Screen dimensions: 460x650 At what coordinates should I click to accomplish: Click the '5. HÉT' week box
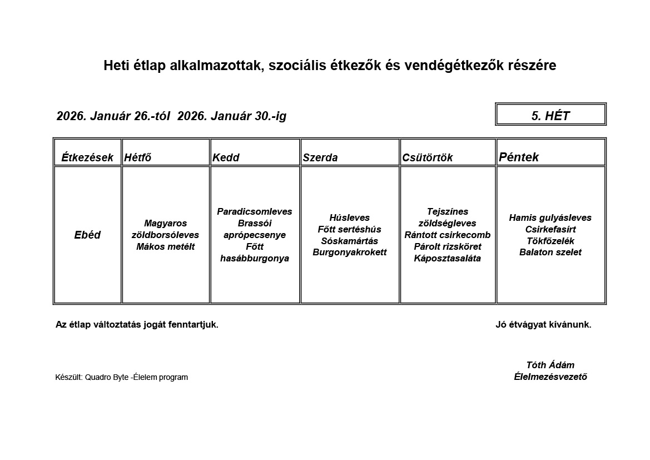550,116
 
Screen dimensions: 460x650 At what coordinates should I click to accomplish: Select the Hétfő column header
138,157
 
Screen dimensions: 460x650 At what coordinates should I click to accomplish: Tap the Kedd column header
226,157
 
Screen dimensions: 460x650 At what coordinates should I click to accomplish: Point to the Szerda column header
320,157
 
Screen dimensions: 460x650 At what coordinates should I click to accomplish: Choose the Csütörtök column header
428,157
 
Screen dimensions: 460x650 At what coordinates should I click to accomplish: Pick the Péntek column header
519,157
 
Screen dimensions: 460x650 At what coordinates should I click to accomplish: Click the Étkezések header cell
87,157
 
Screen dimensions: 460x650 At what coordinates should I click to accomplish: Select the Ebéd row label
87,235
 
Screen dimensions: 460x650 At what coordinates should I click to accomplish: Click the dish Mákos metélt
166,246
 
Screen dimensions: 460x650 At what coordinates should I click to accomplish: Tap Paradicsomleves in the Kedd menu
255,211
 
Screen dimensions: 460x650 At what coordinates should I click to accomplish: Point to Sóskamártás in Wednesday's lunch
350,241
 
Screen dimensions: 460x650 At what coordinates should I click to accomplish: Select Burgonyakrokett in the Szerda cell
350,252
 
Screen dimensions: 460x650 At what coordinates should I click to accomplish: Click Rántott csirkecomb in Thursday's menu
448,235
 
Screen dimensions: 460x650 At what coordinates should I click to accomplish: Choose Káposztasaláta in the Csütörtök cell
448,258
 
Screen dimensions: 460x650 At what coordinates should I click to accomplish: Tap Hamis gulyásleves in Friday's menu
550,217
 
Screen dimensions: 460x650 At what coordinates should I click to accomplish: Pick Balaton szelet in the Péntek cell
550,252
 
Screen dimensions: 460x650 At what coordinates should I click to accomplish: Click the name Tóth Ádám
550,365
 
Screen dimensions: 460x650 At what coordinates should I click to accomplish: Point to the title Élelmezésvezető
550,377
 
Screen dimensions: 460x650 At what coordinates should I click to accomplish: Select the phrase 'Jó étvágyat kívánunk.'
543,324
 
